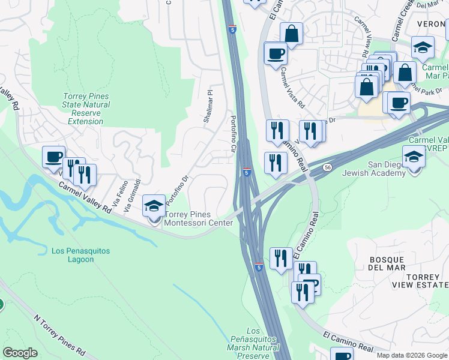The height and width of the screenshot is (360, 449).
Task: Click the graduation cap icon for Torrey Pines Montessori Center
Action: pos(154,206)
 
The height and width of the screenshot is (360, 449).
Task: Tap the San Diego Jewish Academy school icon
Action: pos(414,157)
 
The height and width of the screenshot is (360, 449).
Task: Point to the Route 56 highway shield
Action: pos(327,167)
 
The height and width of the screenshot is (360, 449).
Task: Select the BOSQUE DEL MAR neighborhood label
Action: pos(387,263)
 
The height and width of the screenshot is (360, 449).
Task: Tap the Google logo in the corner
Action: pos(20,353)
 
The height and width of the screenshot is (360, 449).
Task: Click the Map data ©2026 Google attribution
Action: pos(411,355)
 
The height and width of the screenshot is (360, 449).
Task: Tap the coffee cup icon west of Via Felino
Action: pos(53,157)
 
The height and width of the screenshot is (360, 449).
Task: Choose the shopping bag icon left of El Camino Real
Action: pos(291,34)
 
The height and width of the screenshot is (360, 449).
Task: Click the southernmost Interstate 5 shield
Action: pos(258,266)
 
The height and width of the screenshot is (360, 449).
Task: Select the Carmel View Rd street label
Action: pos(364,34)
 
